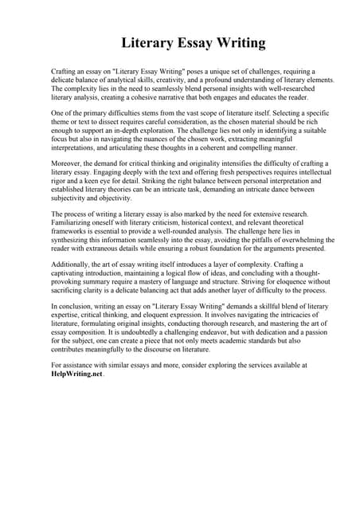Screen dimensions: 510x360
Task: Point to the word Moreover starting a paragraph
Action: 68,163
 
